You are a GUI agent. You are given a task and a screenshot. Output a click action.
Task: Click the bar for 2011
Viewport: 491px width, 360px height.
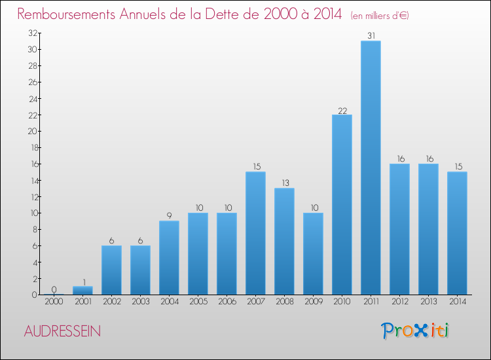coord(371,168)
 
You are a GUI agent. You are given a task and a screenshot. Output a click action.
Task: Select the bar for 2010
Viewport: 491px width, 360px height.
coord(342,204)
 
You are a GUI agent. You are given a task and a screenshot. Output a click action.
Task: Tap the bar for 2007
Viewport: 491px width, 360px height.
coord(255,233)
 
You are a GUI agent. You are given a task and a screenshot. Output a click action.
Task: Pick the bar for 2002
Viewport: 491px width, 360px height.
coord(111,270)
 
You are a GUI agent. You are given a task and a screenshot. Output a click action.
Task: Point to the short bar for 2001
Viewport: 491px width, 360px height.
coord(82,291)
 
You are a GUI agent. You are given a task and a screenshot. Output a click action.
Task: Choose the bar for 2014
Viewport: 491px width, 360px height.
coord(457,233)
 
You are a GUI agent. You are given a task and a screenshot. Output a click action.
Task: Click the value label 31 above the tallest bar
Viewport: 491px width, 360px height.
coord(371,36)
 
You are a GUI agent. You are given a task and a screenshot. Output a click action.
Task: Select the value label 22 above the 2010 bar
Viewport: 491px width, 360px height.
coord(342,110)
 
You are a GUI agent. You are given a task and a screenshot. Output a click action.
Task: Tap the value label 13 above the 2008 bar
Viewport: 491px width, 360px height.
coord(284,183)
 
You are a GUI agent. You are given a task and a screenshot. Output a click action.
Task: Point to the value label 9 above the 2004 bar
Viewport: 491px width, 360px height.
coord(169,216)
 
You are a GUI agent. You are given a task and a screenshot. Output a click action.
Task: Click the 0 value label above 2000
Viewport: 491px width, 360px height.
coord(54,290)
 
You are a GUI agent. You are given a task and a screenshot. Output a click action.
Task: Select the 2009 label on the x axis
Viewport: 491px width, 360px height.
coord(313,302)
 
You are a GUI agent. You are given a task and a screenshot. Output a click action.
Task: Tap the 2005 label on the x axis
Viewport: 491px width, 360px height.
coord(198,302)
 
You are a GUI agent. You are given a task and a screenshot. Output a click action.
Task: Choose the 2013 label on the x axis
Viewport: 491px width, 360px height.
coord(428,302)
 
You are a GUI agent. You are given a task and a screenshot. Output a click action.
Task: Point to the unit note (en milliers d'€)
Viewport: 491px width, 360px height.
coord(380,15)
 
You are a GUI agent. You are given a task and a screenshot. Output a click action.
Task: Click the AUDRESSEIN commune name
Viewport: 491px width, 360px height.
coord(62,331)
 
